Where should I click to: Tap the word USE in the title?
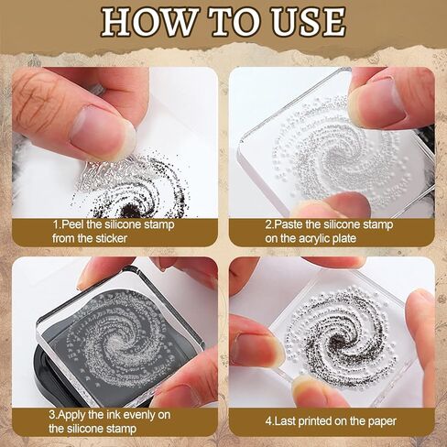[309, 21]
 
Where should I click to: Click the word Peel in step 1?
[73, 224]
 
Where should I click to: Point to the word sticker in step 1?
[111, 238]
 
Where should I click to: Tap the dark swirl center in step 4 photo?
[336, 339]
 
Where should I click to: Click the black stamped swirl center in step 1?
[128, 212]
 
